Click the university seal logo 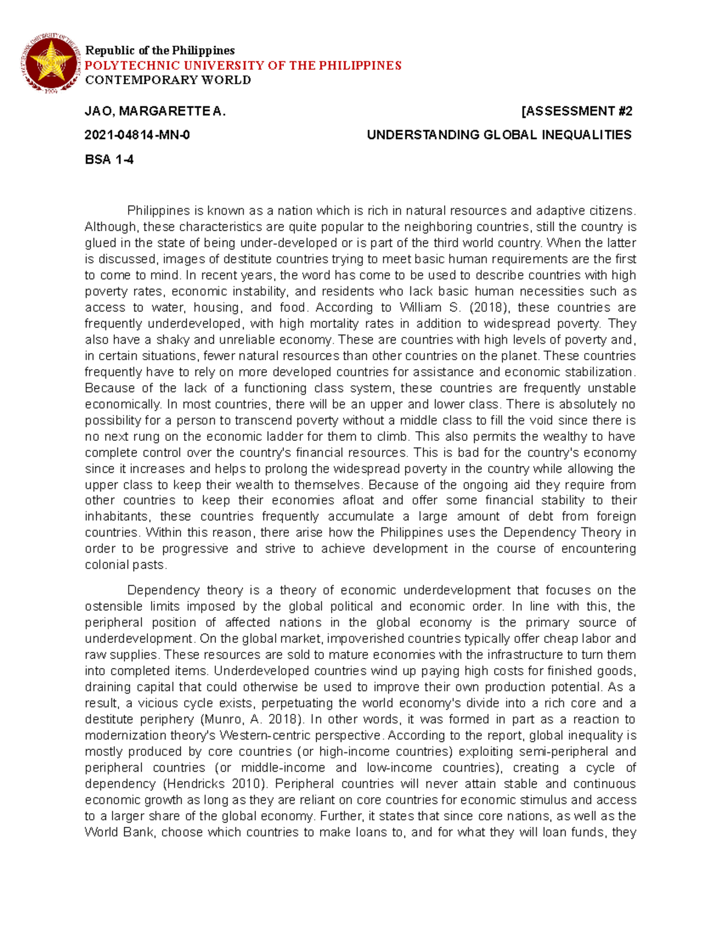click(x=52, y=64)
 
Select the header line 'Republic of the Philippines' click(x=159, y=51)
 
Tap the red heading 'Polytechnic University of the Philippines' click(x=242, y=66)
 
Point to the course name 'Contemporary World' click(x=168, y=80)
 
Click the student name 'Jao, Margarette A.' click(x=155, y=111)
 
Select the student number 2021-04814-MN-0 click(x=137, y=135)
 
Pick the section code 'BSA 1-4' click(x=109, y=159)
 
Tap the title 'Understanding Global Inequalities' click(x=499, y=135)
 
